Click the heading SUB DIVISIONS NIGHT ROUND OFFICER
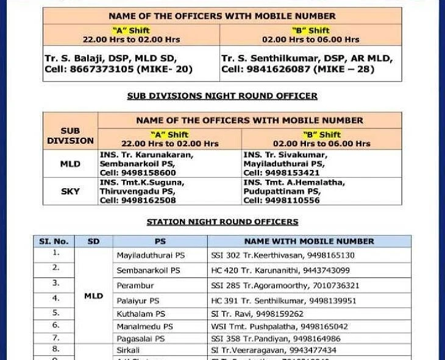click(x=222, y=96)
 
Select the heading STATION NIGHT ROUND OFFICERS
click(x=222, y=222)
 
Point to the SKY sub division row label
click(x=70, y=191)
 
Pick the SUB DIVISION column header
click(x=70, y=135)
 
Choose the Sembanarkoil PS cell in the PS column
click(x=148, y=270)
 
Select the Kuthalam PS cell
click(x=141, y=314)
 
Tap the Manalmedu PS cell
click(x=144, y=326)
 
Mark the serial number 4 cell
click(x=55, y=298)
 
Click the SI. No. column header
click(x=54, y=241)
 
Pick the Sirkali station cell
click(x=128, y=350)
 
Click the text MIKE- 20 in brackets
click(x=173, y=69)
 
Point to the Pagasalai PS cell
click(x=141, y=339)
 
